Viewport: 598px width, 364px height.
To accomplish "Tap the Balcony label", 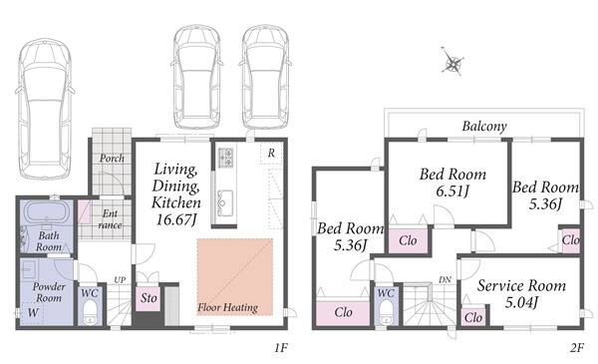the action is [x=484, y=126].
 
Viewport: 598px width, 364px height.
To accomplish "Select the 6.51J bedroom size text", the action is [x=452, y=190].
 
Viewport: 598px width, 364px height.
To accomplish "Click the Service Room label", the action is [x=521, y=286].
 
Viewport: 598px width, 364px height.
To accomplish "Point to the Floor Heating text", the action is [x=227, y=307].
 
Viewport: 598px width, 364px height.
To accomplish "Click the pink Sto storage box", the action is [x=148, y=299].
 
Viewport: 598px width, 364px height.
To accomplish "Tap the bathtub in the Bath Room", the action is [x=47, y=212].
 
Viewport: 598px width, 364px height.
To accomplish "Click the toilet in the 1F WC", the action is [x=90, y=312].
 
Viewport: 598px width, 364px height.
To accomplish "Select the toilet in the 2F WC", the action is [x=386, y=312].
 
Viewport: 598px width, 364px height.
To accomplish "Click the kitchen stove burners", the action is [x=226, y=158].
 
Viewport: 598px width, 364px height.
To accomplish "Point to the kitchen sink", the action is [x=225, y=200].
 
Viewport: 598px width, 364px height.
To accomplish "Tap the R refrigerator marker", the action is [x=271, y=153].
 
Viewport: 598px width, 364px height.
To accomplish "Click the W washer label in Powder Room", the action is [x=33, y=312].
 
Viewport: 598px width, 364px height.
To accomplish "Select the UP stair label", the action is [x=120, y=279].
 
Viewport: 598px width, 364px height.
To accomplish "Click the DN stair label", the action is [x=445, y=279].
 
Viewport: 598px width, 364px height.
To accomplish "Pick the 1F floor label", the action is [x=280, y=347].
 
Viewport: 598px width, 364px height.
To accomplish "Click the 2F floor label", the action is [x=577, y=347].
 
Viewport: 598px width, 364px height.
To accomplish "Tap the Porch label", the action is [x=112, y=158].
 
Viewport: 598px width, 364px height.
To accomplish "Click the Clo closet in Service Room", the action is [x=473, y=317].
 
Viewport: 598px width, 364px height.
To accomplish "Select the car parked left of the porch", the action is [x=45, y=109].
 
